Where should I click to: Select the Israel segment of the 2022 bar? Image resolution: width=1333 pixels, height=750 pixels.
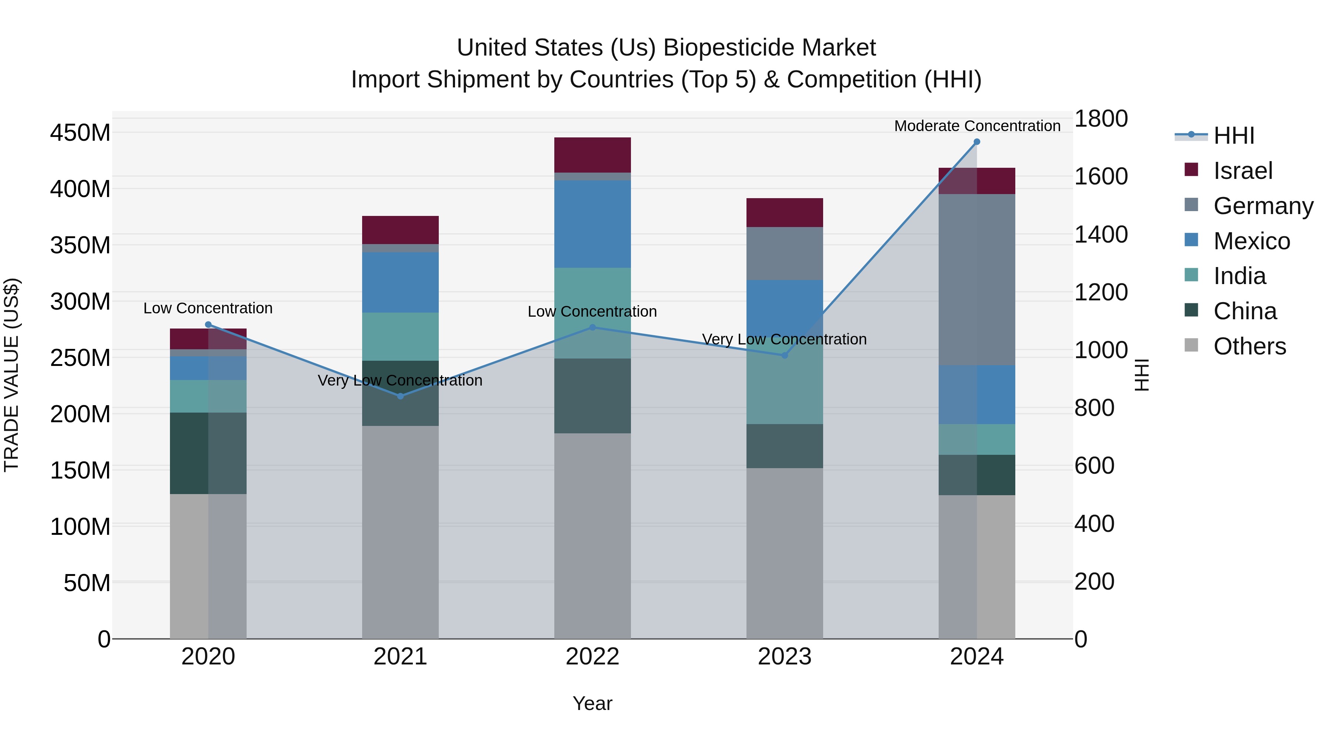[592, 155]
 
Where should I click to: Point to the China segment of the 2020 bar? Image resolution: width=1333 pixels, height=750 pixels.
[208, 453]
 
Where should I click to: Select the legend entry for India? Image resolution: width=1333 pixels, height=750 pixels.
[1239, 276]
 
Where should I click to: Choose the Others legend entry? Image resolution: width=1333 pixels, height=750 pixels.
[1249, 346]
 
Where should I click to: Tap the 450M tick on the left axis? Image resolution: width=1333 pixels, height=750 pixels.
[80, 133]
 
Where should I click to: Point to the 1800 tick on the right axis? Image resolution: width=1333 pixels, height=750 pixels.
[1101, 119]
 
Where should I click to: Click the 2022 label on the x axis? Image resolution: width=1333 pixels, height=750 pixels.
[592, 657]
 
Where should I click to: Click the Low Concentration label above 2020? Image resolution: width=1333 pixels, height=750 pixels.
[208, 308]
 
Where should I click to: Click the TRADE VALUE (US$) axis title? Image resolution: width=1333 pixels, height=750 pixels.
[11, 375]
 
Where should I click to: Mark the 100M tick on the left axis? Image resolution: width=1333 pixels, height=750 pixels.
[80, 527]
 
